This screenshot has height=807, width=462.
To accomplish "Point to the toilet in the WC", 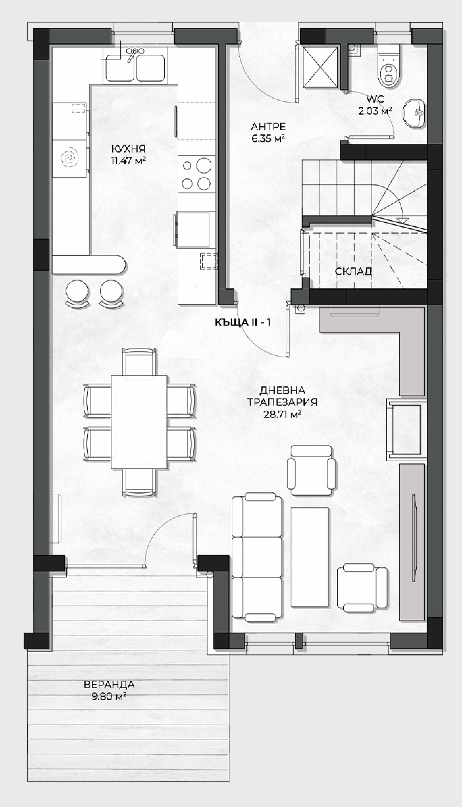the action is coord(388,66).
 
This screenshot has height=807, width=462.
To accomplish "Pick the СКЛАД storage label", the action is coord(353,272).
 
